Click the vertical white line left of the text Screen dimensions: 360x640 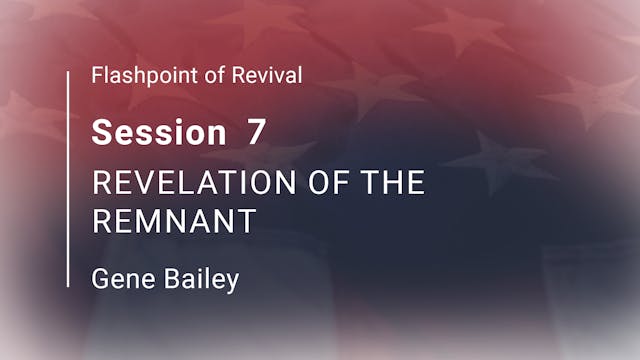pos(68,180)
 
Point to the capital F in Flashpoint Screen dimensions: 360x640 pos(96,76)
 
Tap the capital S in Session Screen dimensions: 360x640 pos(101,132)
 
